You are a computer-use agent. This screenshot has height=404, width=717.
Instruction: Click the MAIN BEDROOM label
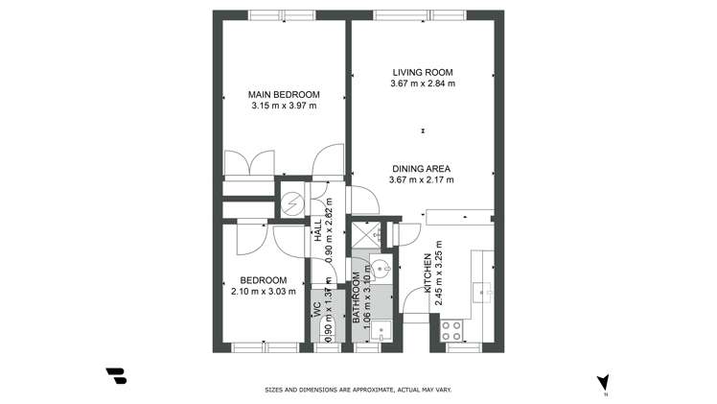[283, 94]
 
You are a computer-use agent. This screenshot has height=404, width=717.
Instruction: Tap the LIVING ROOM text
[422, 72]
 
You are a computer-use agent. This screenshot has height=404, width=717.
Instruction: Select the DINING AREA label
[422, 168]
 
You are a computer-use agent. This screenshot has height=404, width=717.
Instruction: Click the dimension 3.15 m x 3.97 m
[283, 106]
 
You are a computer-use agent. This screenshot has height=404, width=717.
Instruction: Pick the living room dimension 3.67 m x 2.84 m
[422, 83]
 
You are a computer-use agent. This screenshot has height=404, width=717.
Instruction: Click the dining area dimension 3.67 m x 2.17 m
[422, 179]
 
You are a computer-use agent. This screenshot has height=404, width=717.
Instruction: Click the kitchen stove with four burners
[451, 331]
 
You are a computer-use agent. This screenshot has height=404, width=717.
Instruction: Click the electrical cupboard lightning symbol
[290, 203]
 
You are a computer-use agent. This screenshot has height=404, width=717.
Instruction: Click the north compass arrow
[602, 382]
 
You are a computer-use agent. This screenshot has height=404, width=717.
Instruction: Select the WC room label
[316, 310]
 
